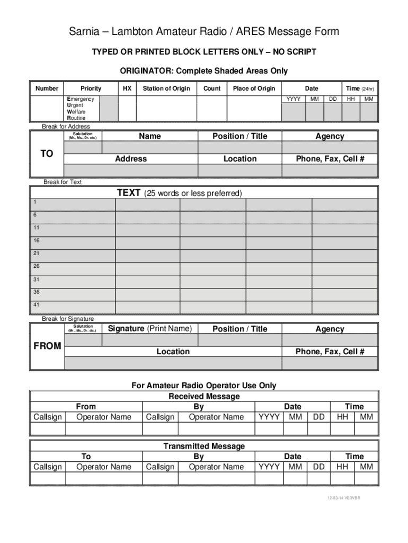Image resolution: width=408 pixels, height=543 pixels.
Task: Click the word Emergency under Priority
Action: point(80,99)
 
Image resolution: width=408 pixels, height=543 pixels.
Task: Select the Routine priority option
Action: point(76,118)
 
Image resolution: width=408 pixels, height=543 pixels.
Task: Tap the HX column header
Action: point(127,89)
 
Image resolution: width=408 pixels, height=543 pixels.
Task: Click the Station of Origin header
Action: point(166,89)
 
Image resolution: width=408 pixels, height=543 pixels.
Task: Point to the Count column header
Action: point(212,89)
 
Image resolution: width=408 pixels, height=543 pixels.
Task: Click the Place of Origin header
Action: point(254,89)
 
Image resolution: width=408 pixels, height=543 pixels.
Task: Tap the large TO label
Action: point(47,154)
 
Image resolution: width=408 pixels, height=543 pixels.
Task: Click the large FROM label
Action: point(47,346)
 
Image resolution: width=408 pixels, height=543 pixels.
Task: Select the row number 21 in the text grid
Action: point(36,253)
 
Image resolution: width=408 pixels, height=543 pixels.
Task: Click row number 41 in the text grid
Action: point(36,305)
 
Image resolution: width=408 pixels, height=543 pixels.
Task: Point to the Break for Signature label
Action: point(68,319)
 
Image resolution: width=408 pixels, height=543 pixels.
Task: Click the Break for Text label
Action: point(63,182)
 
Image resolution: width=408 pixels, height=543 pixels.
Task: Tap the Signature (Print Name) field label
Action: point(149,329)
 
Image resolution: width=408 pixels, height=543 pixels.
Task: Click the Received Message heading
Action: point(204,396)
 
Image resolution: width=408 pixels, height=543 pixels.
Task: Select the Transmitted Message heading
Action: point(204,446)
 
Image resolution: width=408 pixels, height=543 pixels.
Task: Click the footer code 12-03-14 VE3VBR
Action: point(343,498)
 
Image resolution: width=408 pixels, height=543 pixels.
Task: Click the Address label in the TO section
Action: point(131,159)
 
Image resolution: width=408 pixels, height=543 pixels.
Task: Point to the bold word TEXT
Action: point(128,193)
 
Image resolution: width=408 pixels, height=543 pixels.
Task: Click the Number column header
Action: point(47,89)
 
